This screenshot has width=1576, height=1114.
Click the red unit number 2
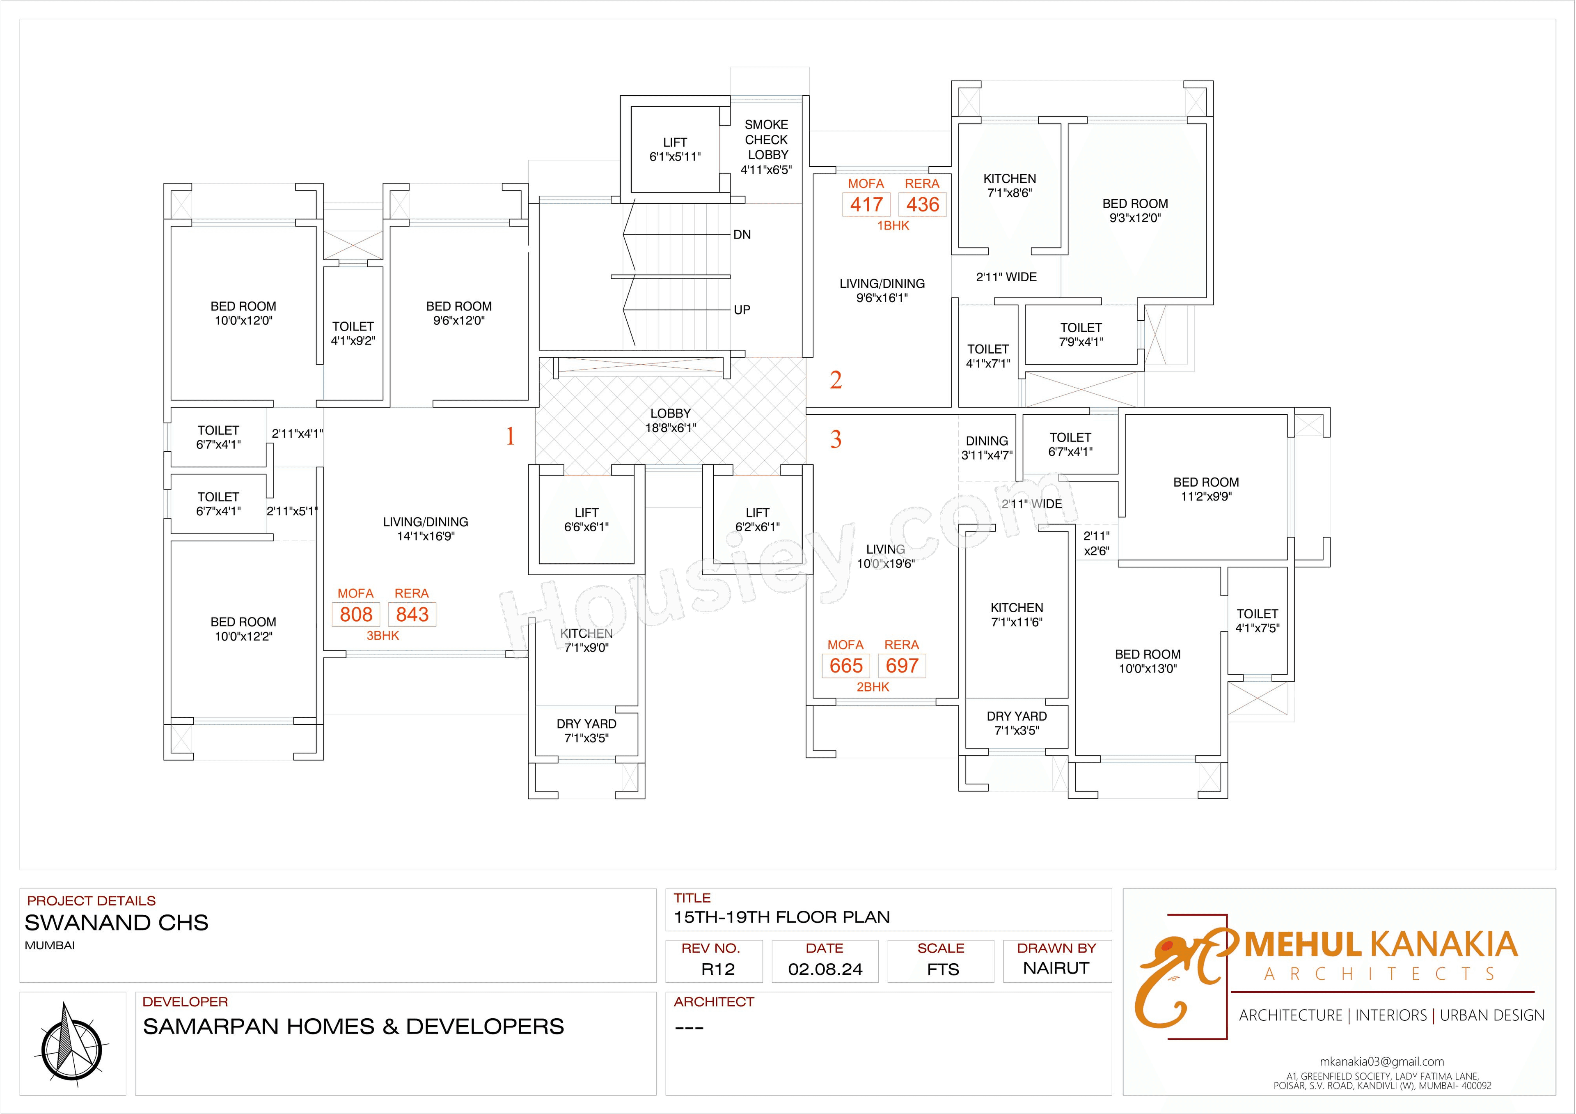835,380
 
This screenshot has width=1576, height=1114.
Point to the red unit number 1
510,436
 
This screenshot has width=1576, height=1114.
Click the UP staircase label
742,310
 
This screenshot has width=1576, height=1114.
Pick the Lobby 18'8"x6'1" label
671,420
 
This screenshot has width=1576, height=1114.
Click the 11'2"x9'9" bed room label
1206,489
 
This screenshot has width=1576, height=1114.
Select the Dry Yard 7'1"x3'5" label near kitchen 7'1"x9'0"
586,731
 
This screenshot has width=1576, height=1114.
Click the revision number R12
717,969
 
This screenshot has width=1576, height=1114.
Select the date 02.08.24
825,969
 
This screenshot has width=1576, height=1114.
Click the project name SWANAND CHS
117,922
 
